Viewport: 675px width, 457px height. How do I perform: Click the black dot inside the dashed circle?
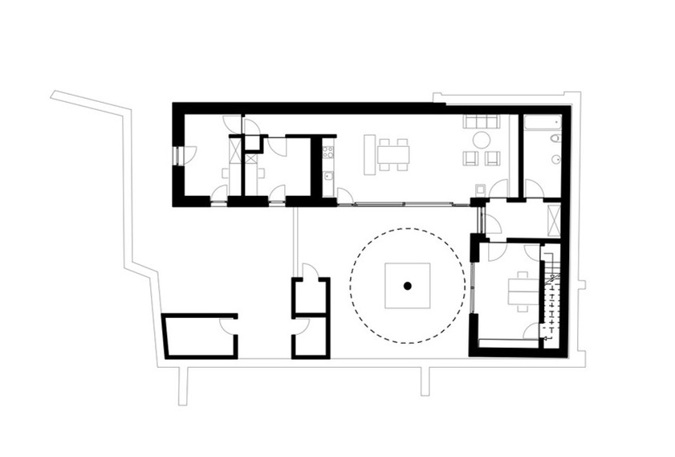click(x=408, y=285)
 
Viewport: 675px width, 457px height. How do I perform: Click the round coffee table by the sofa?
click(x=482, y=140)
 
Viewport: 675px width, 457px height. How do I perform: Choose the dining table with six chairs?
click(x=393, y=153)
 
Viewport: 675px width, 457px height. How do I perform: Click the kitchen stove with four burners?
click(x=327, y=150)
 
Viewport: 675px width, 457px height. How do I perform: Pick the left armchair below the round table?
click(x=470, y=158)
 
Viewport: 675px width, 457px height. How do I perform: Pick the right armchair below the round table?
click(x=492, y=158)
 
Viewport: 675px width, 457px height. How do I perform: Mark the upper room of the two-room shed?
click(x=310, y=295)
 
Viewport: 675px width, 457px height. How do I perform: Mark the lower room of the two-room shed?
click(x=310, y=337)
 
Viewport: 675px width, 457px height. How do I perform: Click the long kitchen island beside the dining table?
click(x=369, y=154)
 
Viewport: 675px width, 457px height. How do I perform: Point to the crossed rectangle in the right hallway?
click(x=551, y=218)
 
